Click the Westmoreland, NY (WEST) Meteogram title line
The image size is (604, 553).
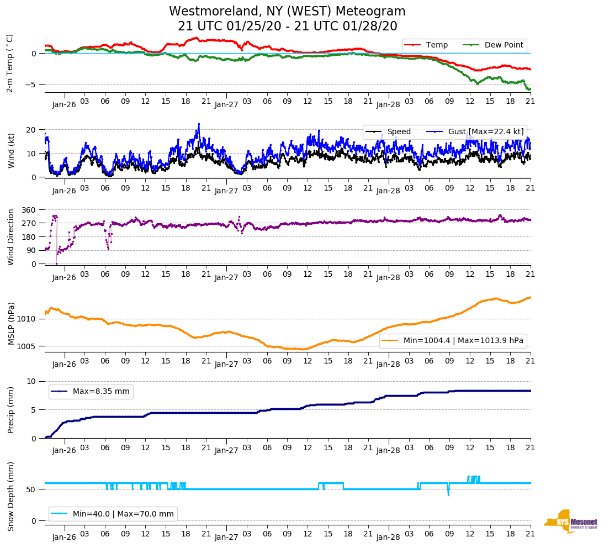point(287,12)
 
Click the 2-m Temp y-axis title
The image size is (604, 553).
point(10,63)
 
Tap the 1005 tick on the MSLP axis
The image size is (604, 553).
point(28,346)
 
